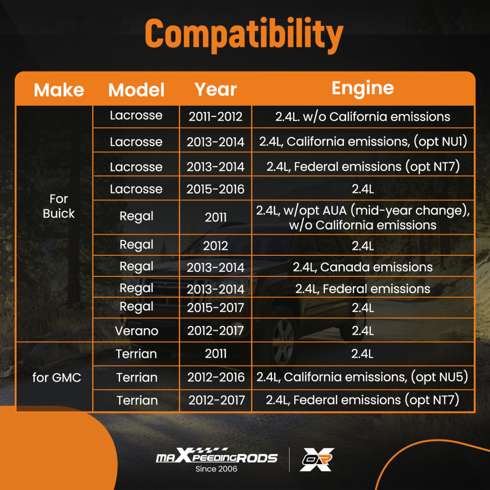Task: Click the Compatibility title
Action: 244,34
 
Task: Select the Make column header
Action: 59,90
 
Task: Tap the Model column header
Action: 136,90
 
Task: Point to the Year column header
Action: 215,90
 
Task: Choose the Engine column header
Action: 363,88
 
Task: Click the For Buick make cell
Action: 58,206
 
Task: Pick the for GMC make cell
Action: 56,377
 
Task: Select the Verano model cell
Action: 136,331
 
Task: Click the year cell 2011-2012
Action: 215,117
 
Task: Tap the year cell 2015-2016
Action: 215,189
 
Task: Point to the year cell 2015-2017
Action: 215,308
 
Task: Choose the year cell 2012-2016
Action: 216,377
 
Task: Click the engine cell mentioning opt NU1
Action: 363,142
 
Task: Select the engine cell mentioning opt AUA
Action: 363,218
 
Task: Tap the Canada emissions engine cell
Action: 363,267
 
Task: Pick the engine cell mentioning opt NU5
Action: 362,377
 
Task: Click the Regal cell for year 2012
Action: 136,245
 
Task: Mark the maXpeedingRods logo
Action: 217,456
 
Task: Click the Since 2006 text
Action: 216,469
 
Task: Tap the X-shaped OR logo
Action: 317,460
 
